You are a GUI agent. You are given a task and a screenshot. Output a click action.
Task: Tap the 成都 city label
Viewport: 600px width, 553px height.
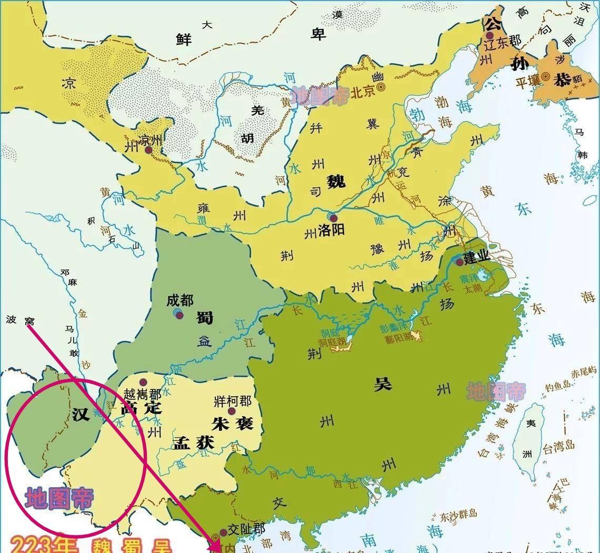(x=180, y=300)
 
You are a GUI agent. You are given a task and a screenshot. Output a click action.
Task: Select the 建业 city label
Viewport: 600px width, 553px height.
(x=476, y=257)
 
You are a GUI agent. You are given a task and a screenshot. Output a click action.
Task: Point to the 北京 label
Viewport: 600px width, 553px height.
(x=363, y=92)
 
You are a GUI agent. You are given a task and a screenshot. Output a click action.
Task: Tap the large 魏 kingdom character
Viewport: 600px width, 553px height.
(x=335, y=181)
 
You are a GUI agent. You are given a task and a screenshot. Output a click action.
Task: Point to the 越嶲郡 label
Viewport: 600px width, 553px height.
(x=143, y=394)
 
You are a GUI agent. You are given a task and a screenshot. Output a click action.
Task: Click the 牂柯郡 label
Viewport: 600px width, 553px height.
(x=233, y=401)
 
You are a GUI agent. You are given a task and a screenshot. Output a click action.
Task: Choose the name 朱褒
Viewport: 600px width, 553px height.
(x=233, y=423)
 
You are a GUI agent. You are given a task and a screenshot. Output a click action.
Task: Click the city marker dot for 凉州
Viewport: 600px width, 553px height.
(x=148, y=150)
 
